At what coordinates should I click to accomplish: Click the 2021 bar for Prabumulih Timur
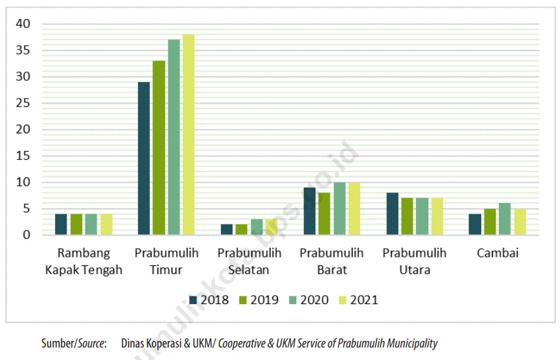189,135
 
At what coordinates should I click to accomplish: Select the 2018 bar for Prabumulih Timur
143,158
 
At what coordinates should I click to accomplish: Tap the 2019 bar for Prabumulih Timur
158,148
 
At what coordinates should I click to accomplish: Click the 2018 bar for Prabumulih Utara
392,214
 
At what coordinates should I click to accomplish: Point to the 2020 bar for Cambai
504,219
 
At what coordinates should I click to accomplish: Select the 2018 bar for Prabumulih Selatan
226,229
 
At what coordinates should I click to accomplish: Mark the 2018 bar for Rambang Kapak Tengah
61,224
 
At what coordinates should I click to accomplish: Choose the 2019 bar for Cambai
490,221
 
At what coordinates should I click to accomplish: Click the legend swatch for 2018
193,300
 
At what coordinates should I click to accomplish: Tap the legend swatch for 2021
342,300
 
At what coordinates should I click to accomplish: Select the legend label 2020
314,300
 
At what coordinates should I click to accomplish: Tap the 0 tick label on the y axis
27,235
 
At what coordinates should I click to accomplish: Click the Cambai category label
497,253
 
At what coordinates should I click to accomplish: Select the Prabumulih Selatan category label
249,261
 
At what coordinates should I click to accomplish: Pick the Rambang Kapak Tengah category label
83,261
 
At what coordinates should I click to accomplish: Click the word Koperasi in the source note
164,343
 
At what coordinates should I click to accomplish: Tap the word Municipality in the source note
409,343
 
